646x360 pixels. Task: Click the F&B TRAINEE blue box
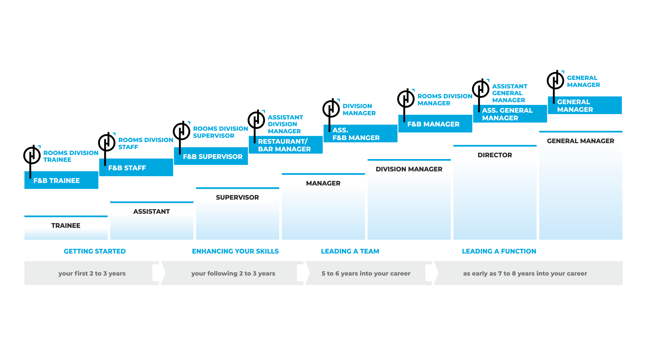(x=62, y=180)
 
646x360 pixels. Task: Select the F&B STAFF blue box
(x=136, y=167)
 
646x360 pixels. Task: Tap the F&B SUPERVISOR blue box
(x=211, y=156)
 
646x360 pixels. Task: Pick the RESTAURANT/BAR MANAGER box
(x=286, y=145)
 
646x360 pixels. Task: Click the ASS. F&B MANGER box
(x=360, y=134)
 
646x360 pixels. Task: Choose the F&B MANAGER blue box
(x=435, y=124)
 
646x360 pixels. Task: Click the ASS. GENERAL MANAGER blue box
(x=510, y=114)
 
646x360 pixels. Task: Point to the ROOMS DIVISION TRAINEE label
(x=71, y=156)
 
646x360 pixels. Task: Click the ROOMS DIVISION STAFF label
(x=146, y=143)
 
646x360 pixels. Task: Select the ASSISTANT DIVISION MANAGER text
(x=285, y=124)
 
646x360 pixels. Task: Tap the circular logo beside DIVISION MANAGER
(x=331, y=109)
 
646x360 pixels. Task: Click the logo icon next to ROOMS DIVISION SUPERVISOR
(x=181, y=131)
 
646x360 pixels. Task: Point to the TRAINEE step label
(x=66, y=226)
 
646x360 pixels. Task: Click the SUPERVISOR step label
(x=237, y=197)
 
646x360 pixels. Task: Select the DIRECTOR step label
(x=495, y=155)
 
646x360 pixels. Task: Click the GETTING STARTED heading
(x=95, y=251)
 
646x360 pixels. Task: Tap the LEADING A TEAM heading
(x=350, y=251)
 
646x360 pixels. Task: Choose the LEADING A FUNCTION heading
(x=499, y=251)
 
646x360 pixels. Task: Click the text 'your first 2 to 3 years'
(x=92, y=273)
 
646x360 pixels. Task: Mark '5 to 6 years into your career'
(x=366, y=273)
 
